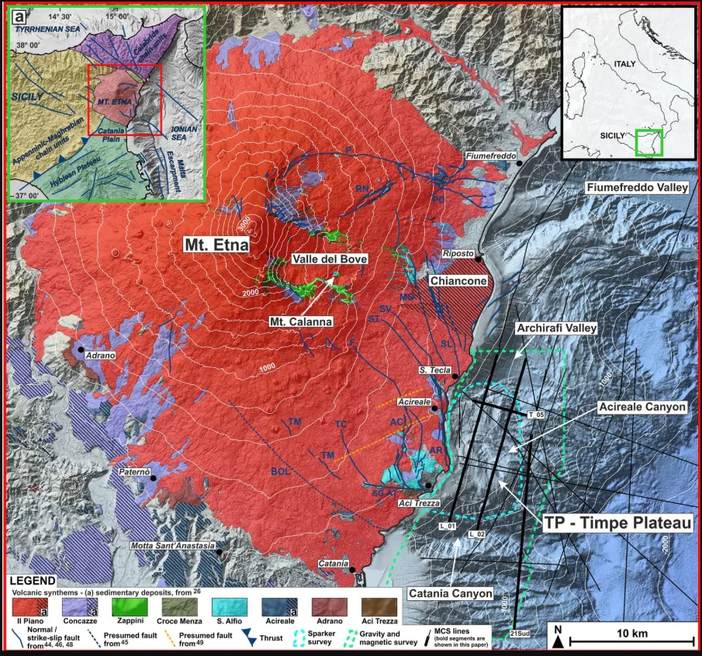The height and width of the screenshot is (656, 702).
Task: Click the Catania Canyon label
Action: click(451, 594)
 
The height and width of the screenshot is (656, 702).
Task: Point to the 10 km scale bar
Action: click(632, 640)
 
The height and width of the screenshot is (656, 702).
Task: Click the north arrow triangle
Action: click(558, 641)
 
